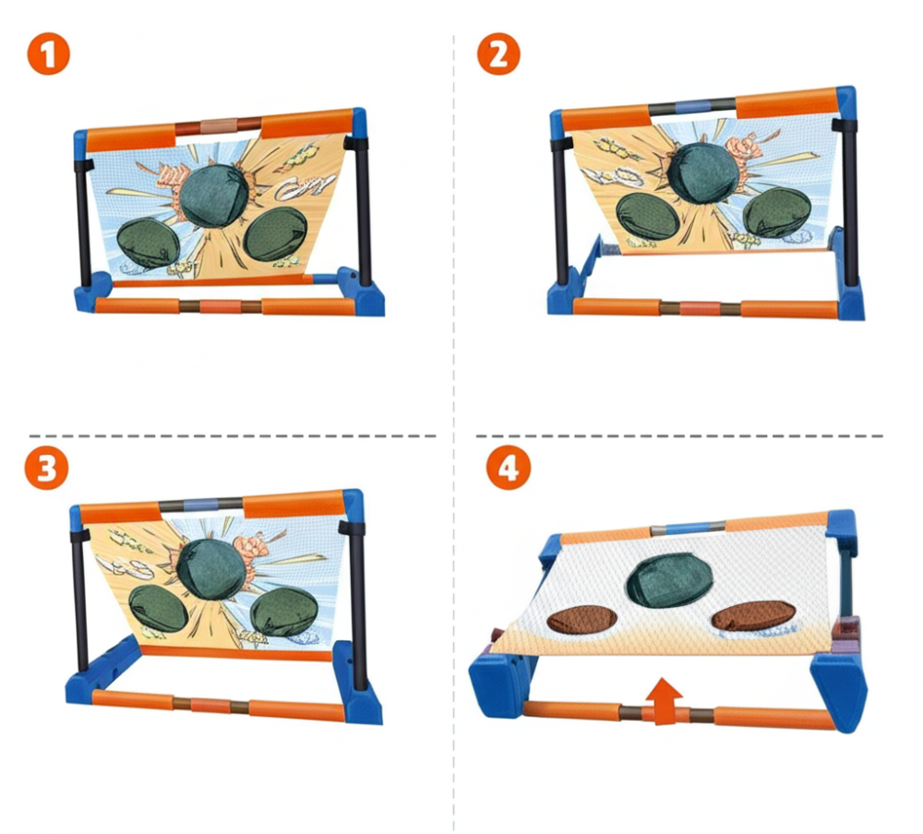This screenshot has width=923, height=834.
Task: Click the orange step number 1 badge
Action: click(x=48, y=54)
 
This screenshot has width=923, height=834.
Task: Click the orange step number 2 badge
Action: click(x=498, y=54)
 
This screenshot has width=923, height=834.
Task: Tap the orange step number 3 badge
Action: click(x=46, y=468)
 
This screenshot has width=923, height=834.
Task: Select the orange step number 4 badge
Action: click(x=509, y=468)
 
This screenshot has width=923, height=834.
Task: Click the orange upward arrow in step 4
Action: click(x=664, y=700)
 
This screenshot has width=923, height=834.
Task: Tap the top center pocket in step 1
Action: click(x=213, y=196)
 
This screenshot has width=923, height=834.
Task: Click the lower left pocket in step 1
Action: click(x=149, y=244)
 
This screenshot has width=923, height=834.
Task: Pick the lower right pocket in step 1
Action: click(x=274, y=233)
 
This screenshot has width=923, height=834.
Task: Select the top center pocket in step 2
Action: click(x=702, y=172)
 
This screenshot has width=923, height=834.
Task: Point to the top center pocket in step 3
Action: click(x=210, y=568)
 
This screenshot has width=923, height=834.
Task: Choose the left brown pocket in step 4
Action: click(x=582, y=620)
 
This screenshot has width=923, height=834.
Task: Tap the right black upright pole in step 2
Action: click(x=849, y=200)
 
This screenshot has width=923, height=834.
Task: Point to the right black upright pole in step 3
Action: click(x=357, y=605)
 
